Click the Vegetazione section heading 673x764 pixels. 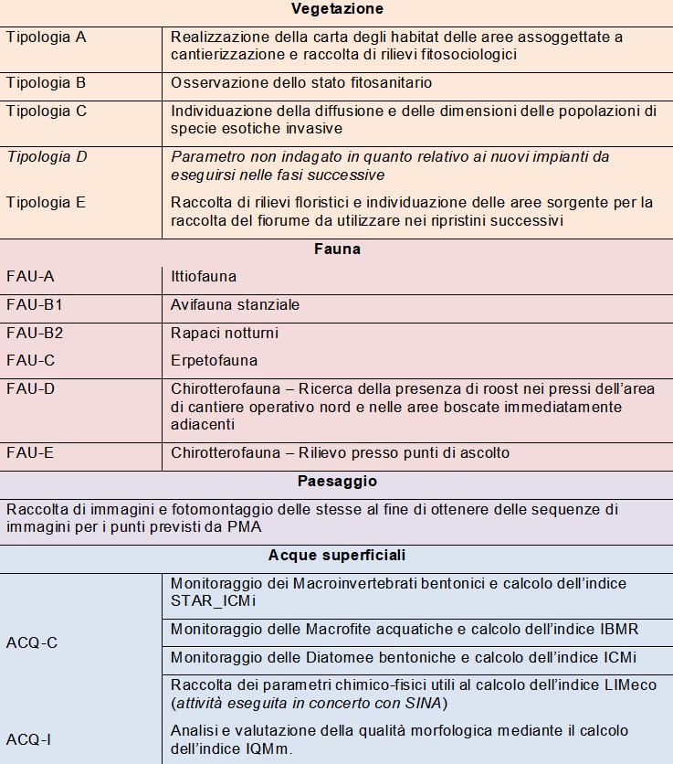(x=337, y=9)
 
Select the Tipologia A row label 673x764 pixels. (x=47, y=37)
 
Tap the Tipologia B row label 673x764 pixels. (x=47, y=83)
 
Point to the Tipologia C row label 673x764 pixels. (x=47, y=111)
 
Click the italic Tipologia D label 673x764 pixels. (x=47, y=157)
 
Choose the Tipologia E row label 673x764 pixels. (x=47, y=203)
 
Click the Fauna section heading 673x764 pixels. (x=337, y=249)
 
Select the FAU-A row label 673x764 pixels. (x=30, y=276)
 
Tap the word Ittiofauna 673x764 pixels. (x=204, y=276)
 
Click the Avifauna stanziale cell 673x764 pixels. (x=235, y=304)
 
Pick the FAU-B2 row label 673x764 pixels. (x=35, y=333)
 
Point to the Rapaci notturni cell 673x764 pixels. (x=225, y=333)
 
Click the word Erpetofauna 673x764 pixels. (x=214, y=360)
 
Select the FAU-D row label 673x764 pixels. (x=30, y=389)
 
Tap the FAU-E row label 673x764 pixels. (x=30, y=453)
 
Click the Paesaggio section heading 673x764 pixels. (x=337, y=481)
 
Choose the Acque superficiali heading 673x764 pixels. (x=337, y=555)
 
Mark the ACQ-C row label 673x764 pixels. (x=32, y=642)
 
